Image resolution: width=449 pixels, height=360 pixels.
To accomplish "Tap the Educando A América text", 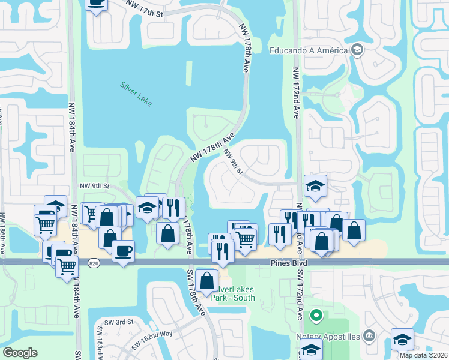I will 309,50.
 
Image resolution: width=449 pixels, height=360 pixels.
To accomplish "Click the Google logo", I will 20,352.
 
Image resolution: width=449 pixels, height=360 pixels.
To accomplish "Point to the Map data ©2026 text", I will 424,355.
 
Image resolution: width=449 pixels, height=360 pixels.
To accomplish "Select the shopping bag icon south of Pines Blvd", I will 206,281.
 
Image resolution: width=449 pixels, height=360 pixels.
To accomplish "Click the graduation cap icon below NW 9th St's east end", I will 315,187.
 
